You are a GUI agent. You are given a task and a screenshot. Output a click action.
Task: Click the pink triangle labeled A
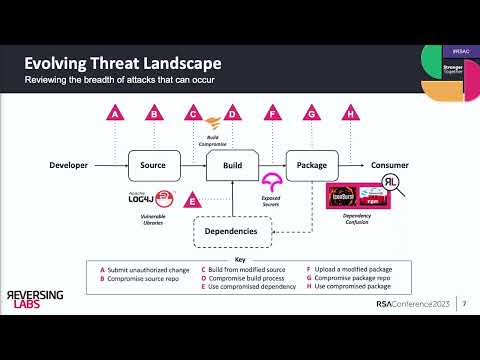[x=116, y=116]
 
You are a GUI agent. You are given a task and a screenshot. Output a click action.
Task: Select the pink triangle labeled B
[x=154, y=116]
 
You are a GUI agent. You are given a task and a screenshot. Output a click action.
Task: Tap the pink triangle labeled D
[x=232, y=116]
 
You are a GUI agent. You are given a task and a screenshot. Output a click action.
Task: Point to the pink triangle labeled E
[x=192, y=201]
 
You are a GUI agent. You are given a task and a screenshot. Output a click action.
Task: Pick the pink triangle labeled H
[x=350, y=116]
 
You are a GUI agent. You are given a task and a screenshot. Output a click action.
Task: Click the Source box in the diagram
[x=154, y=164]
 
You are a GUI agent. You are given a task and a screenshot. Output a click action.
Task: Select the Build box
[x=232, y=164]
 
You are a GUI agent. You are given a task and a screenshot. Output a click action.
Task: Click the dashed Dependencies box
[x=231, y=231]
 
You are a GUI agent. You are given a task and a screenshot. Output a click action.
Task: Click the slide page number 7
[x=463, y=332]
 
